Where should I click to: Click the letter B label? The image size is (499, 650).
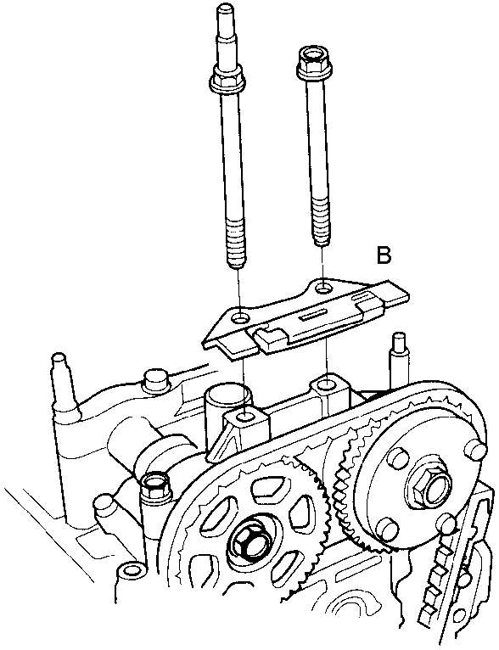[x=384, y=255]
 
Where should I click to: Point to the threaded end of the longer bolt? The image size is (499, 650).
[x=237, y=248]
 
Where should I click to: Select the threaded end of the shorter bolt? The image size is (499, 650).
[x=322, y=222]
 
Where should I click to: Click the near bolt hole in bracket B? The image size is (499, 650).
[x=241, y=319]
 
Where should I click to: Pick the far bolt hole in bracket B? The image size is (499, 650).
[x=323, y=287]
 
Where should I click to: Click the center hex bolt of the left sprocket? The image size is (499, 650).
[x=249, y=542]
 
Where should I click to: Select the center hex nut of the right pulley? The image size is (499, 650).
[x=428, y=486]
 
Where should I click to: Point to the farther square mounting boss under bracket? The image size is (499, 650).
[x=330, y=389]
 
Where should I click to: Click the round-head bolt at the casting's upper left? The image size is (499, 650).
[x=156, y=379]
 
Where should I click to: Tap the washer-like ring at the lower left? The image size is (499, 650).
[x=132, y=571]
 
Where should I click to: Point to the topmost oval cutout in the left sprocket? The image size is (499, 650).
[x=268, y=487]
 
